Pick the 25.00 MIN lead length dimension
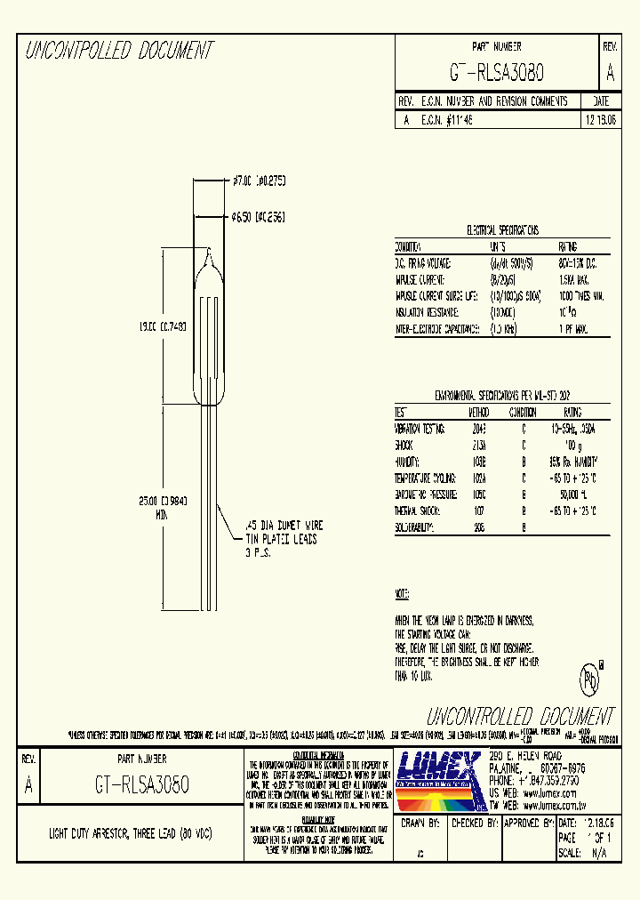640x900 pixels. click(164, 506)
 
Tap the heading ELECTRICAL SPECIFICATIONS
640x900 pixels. click(503, 229)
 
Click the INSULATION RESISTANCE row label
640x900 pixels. click(428, 312)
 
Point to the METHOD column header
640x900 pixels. click(479, 413)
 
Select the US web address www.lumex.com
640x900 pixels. click(551, 790)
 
